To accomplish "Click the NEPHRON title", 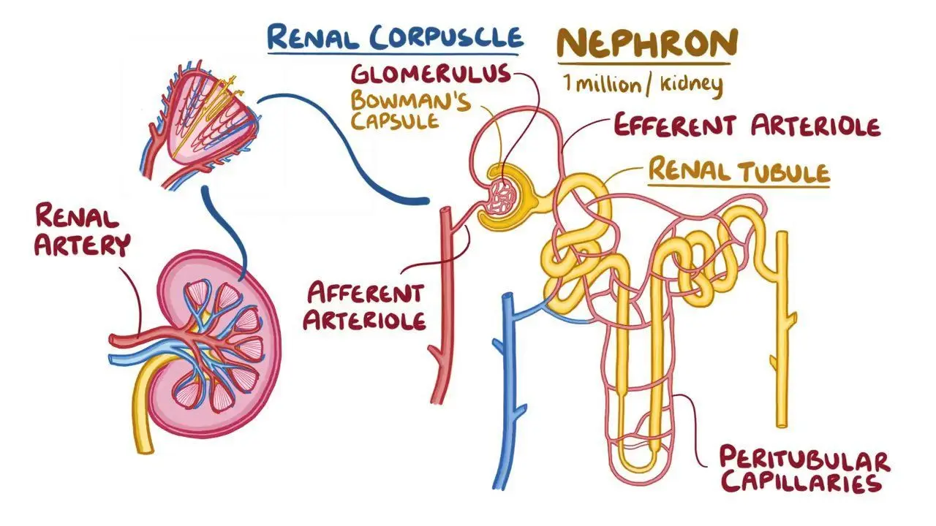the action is pyautogui.click(x=647, y=42).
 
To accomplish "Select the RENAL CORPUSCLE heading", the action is pyautogui.click(x=395, y=37).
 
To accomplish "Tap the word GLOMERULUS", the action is pyautogui.click(x=431, y=75).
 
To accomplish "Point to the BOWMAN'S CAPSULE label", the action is pyautogui.click(x=411, y=110).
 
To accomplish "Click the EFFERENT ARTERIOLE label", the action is pyautogui.click(x=747, y=125).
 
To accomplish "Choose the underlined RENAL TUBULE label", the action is pyautogui.click(x=739, y=170).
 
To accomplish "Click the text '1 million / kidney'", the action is pyautogui.click(x=643, y=85).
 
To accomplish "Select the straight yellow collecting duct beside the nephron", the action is pyautogui.click(x=782, y=329).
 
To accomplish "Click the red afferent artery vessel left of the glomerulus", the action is pyautogui.click(x=444, y=305).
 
